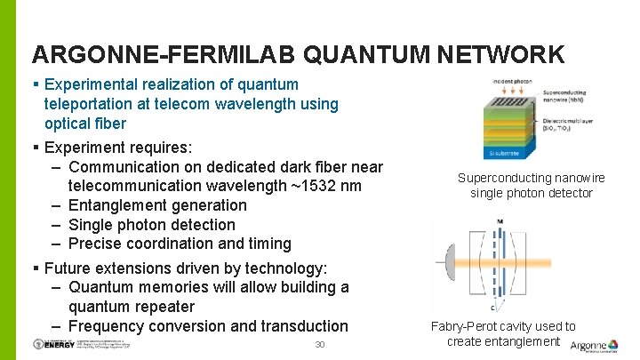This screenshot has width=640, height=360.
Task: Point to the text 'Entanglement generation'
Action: pos(157,205)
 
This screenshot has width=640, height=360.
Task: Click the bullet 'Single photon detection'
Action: pos(151,225)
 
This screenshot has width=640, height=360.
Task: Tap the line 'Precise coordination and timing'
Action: pos(179,244)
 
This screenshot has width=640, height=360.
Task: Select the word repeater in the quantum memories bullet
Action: pos(162,307)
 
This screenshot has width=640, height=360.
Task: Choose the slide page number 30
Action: pos(321,345)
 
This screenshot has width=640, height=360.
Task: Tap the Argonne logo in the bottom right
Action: pos(593,345)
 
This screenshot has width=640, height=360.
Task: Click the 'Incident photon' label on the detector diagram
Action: pos(510,82)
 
